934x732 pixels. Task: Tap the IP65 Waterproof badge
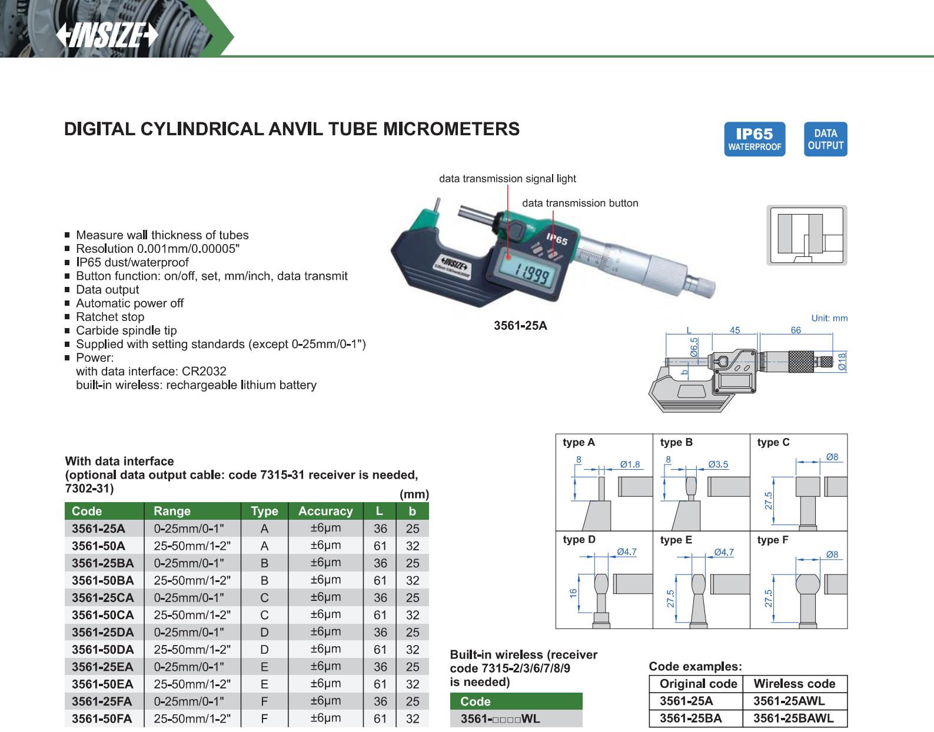[x=754, y=139]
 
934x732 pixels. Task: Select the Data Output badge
[x=825, y=139]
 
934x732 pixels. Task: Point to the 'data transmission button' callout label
[x=580, y=203]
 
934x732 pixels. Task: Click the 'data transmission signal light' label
[x=507, y=179]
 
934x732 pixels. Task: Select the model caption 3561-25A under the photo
[x=520, y=325]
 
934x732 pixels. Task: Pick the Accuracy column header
[x=325, y=511]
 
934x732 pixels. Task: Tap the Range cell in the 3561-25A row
[x=189, y=529]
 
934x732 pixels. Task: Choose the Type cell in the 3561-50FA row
[x=264, y=718]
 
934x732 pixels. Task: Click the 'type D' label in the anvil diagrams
[x=579, y=539]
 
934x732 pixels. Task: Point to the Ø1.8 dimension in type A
[x=630, y=464]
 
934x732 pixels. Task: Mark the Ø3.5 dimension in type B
[x=718, y=464]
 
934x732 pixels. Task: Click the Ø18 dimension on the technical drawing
[x=842, y=362]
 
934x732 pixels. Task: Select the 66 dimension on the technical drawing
[x=796, y=330]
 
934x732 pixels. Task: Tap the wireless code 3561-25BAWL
[x=793, y=718]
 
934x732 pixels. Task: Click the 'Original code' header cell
[x=698, y=683]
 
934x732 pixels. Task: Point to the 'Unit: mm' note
[x=829, y=318]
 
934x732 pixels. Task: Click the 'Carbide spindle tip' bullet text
[x=127, y=330]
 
